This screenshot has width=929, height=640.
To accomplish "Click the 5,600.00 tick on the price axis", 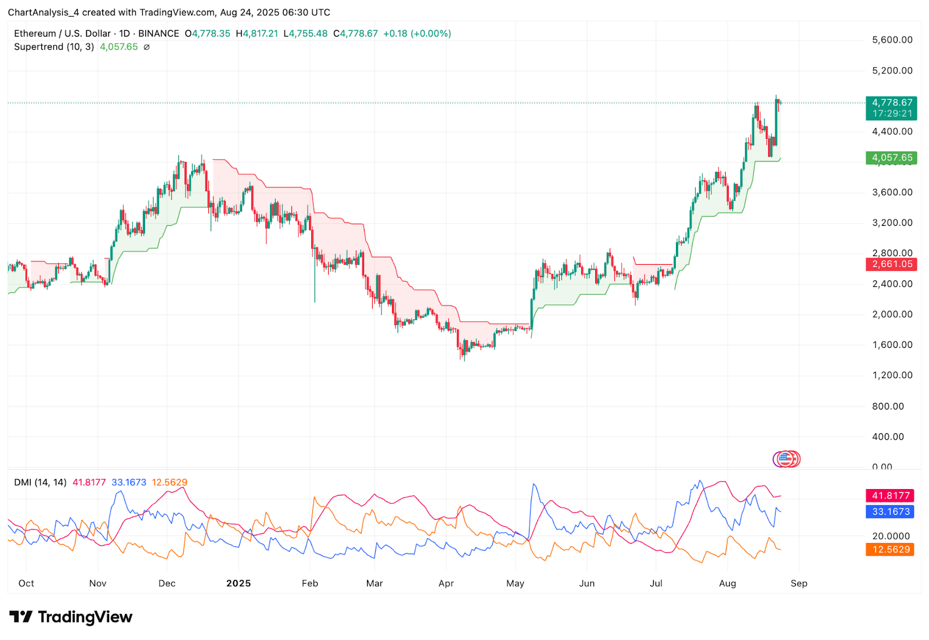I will [892, 40].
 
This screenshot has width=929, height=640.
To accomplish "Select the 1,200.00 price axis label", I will [892, 375].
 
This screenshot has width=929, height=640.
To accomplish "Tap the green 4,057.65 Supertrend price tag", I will [891, 157].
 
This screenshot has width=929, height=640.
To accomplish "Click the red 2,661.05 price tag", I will [891, 264].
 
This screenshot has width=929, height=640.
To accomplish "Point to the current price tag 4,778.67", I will [891, 103].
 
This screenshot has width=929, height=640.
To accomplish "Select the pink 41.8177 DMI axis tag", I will [890, 495].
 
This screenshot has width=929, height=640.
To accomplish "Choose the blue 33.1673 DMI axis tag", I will [890, 512].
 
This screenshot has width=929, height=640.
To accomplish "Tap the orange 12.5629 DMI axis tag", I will [890, 549].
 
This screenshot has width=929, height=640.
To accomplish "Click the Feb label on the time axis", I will [310, 583].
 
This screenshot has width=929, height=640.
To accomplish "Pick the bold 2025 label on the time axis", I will [239, 583].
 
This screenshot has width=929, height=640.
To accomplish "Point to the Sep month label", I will [799, 583].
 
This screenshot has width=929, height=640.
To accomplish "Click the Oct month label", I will [26, 583].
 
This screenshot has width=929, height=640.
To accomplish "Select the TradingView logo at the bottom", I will [71, 617].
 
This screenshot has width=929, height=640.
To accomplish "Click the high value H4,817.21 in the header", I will [257, 34].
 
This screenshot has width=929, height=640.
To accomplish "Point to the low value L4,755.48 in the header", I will [305, 34].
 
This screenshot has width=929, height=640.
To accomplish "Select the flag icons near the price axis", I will [786, 459].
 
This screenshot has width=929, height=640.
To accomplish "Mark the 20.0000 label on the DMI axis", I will [891, 536].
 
